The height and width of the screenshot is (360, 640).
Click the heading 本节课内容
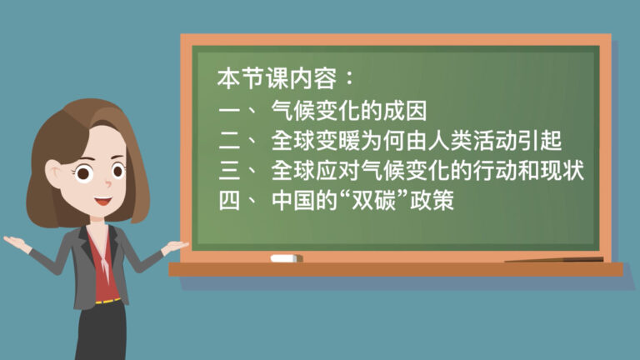[277, 78]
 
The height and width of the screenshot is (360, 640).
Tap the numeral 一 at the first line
[229, 111]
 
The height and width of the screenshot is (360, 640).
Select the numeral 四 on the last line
[229, 200]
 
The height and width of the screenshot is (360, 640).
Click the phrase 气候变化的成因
[349, 110]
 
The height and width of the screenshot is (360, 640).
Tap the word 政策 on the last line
[432, 200]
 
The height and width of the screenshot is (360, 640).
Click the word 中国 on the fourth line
[293, 200]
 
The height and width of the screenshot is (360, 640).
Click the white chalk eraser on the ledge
[286, 258]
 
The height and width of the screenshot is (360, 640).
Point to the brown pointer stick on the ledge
[554, 260]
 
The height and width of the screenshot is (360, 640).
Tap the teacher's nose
[107, 183]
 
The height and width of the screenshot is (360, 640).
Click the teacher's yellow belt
[107, 302]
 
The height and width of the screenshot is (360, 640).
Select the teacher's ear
[53, 172]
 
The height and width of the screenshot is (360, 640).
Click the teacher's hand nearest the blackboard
[176, 247]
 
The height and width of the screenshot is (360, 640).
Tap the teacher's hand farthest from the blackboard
[17, 242]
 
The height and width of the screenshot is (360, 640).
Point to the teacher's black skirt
[102, 331]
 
